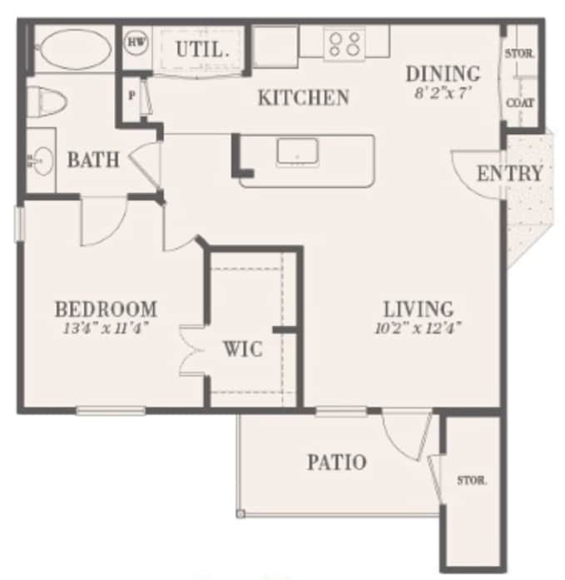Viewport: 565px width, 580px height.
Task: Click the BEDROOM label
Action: coord(106,310)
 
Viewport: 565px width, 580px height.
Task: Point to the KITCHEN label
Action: coord(304,97)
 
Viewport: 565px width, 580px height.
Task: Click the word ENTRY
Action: coord(509,174)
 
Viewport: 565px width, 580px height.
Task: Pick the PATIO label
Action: coord(337,462)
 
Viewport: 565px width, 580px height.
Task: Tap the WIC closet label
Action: coord(242,348)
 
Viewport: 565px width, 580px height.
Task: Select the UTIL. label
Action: coord(202,49)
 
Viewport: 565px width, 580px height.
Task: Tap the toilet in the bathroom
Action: coord(46,101)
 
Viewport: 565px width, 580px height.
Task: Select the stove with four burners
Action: coord(344,43)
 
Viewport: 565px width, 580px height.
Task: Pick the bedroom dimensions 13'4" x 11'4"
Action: coord(106,328)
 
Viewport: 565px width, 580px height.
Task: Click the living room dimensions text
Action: coord(418,327)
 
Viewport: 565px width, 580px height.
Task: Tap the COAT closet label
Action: coord(521,103)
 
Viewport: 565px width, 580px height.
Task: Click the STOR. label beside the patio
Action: coord(472,480)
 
